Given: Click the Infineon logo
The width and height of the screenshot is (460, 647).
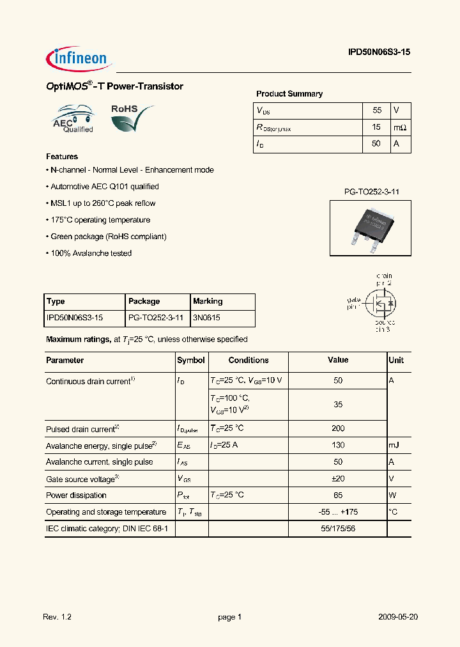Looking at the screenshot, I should [x=79, y=59].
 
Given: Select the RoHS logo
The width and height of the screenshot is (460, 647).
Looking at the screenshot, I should [x=131, y=118].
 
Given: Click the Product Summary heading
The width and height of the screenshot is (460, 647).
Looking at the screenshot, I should [x=289, y=94].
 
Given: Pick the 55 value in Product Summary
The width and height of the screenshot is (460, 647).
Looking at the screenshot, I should [x=376, y=111].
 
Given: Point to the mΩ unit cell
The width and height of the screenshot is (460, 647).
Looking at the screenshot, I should [x=399, y=127].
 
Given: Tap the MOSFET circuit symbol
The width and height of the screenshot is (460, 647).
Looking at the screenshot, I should [x=381, y=301].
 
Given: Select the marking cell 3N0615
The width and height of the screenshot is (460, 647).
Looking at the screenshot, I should [x=207, y=318].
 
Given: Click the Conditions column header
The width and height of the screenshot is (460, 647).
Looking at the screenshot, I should [x=249, y=361].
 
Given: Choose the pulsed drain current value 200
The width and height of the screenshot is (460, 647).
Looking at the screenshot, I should [x=338, y=428].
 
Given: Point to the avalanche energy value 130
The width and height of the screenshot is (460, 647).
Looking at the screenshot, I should [x=338, y=445].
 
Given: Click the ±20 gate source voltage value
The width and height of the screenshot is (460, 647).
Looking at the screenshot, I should [x=338, y=478].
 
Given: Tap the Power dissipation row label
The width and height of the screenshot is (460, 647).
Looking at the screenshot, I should [x=76, y=495].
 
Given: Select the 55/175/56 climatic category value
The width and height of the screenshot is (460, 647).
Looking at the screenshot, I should [x=338, y=528].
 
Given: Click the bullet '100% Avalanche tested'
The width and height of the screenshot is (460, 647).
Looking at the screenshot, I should [x=89, y=253].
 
